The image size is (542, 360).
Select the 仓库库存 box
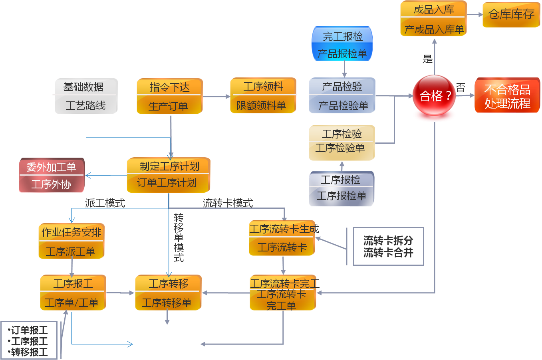point(511,15)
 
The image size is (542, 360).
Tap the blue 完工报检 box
point(342,44)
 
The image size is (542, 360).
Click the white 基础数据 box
point(86,96)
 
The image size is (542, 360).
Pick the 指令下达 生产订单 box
point(169,97)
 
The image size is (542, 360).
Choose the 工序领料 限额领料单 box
point(263,96)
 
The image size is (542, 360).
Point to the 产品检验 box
point(342,96)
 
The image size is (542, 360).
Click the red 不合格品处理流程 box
point(507,96)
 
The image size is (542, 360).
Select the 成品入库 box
point(433,19)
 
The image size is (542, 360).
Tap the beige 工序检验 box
point(341,142)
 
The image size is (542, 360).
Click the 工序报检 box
point(341,189)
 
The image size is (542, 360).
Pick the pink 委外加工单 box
point(52,176)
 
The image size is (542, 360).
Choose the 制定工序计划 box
point(168,175)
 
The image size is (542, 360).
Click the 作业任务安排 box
point(71,241)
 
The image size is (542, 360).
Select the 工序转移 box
point(168,293)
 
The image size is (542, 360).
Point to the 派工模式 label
point(105,203)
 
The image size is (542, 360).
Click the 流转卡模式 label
point(228,203)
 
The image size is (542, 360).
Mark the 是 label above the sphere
point(428,59)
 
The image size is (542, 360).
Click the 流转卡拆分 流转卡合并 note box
point(388,246)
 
